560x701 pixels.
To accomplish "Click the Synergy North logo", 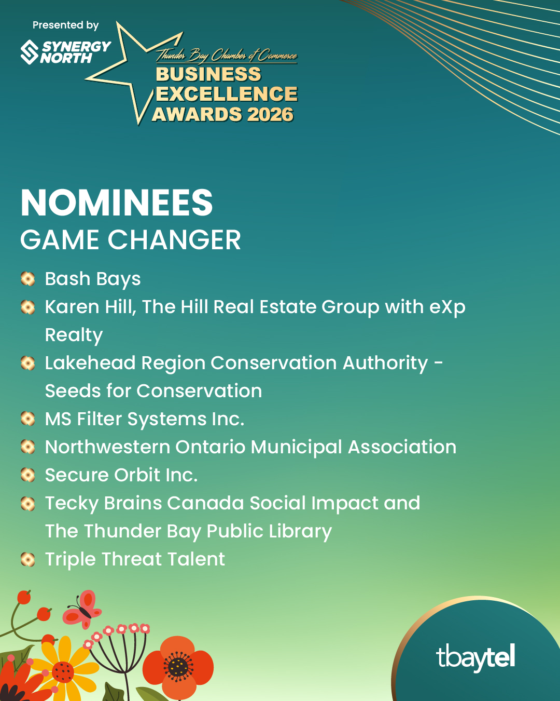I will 65,52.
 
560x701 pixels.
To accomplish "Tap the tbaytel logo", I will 475,657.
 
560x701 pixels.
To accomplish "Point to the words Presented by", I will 65,25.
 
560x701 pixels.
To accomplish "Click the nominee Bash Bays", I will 93,279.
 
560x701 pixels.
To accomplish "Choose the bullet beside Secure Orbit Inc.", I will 27,475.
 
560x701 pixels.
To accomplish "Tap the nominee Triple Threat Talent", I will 135,559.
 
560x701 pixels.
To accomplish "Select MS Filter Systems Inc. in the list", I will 145,419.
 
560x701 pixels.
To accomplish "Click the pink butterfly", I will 82,609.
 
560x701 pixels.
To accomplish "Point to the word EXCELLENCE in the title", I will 227,94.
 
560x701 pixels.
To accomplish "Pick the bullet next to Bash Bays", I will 27,279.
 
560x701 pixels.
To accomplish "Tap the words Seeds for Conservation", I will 153,391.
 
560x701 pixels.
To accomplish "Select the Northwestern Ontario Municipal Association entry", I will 250,447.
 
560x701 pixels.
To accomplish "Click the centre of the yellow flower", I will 63,672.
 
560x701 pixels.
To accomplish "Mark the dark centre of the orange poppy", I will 178,667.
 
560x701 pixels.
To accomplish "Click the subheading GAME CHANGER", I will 131,240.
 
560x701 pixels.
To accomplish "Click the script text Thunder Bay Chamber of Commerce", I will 227,55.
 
